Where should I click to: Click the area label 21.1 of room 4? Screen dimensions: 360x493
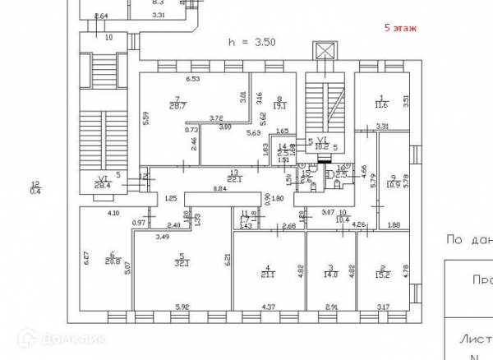(267, 275)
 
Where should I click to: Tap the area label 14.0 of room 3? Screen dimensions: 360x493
(330, 275)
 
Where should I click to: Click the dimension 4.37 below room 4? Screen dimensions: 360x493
(269, 307)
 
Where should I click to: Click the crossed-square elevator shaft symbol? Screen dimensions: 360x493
(327, 51)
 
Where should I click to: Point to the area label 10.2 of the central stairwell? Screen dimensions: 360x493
(322, 147)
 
